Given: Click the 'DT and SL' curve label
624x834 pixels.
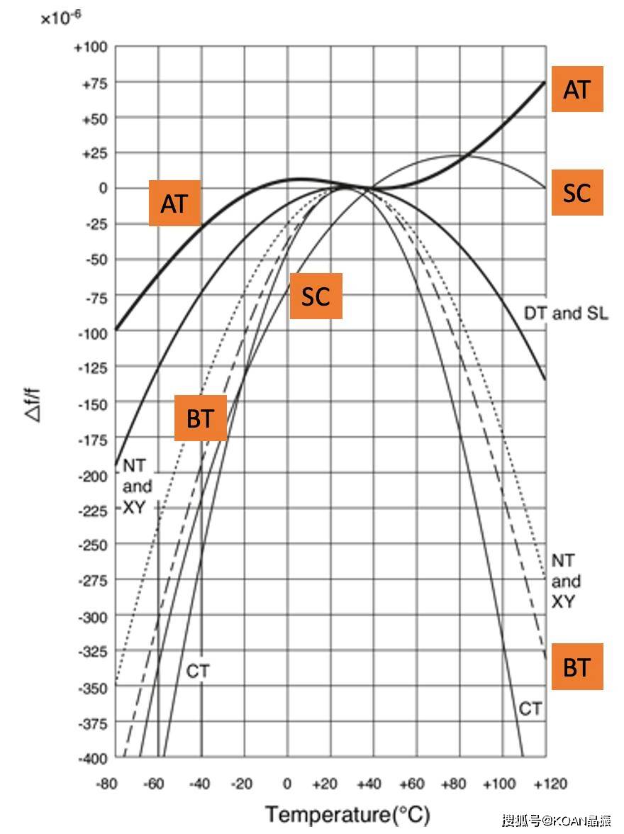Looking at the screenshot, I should [566, 313].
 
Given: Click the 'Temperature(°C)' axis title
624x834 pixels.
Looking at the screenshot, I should [347, 814].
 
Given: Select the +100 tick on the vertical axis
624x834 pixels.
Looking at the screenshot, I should [90, 48].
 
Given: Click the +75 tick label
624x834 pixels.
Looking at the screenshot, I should [92, 83].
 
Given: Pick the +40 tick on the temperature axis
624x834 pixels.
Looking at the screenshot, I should [369, 784].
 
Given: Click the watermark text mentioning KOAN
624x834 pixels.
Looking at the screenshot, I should [557, 821].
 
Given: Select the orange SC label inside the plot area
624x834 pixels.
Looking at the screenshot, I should [316, 296].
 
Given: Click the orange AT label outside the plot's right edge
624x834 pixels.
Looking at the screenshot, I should [577, 89].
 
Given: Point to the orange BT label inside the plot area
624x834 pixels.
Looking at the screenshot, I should [201, 418].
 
